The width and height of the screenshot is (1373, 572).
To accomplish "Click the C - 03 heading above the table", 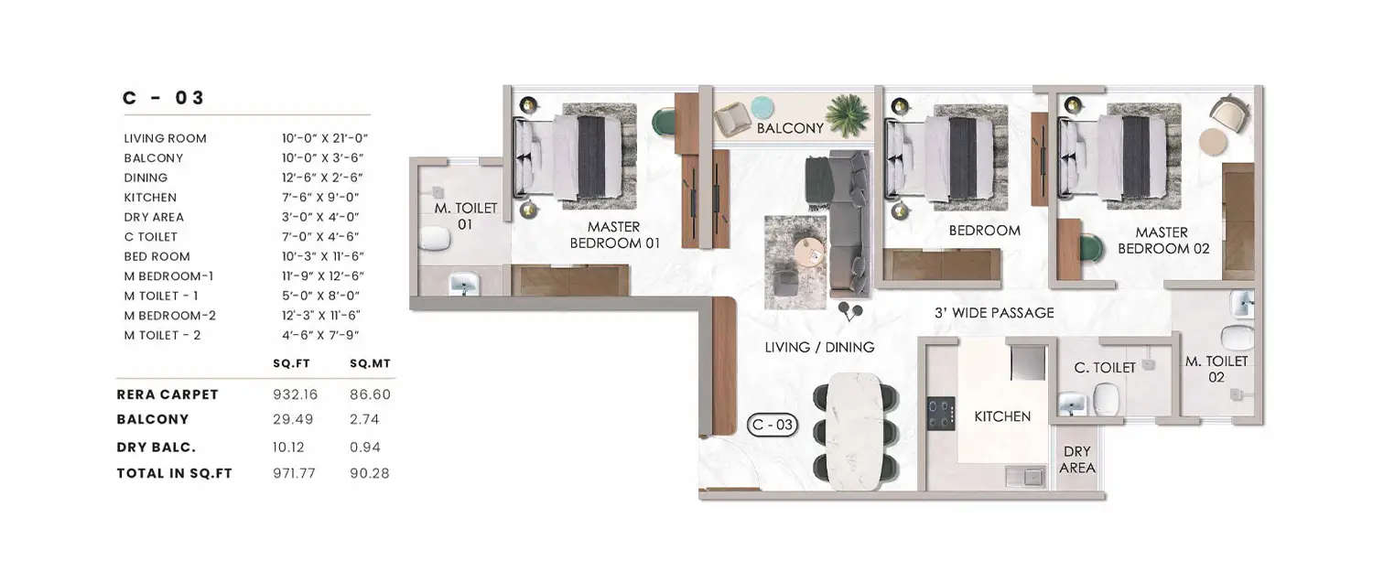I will click(x=164, y=98).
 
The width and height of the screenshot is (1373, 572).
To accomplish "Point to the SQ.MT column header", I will click(x=369, y=363).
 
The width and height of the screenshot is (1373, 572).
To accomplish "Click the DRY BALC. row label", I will click(x=157, y=448).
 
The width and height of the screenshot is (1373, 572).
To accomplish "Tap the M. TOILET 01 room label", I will click(x=465, y=216).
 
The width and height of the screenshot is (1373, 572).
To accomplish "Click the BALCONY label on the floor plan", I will click(x=790, y=129).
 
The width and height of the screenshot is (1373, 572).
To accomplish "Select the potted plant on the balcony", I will click(x=847, y=115).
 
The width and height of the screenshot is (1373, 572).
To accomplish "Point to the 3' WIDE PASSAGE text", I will click(x=994, y=313).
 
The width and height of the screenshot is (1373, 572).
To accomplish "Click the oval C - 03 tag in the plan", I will click(x=772, y=426).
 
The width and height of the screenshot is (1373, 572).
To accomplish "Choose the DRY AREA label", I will click(x=1076, y=459).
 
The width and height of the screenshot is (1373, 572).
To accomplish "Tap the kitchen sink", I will click(x=1025, y=475).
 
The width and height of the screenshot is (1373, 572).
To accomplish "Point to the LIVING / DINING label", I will click(x=819, y=348).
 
